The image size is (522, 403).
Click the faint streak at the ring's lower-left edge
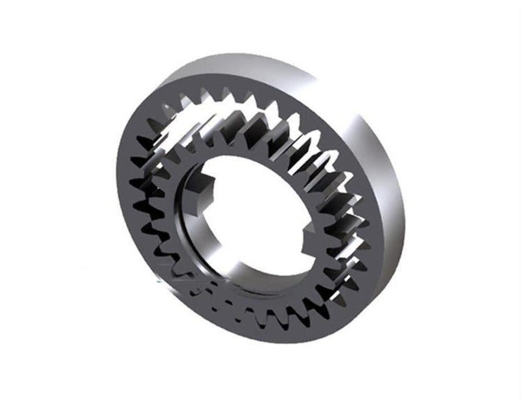pos(163,280)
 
